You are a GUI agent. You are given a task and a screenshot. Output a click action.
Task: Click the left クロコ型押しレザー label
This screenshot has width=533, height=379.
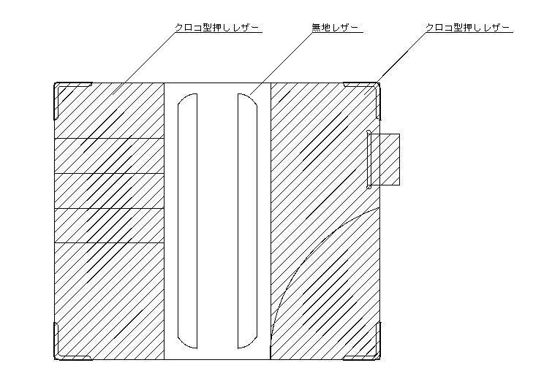[x=217, y=28]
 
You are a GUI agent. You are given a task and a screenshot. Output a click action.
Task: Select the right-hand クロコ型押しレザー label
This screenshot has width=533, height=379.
[x=469, y=28]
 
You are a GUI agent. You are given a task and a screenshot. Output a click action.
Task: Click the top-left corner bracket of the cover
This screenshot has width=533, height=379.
[x=61, y=91]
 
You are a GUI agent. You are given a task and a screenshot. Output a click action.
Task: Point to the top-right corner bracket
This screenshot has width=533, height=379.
[x=373, y=91]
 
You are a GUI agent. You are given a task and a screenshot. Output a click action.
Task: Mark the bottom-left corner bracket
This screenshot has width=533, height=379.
[x=61, y=351]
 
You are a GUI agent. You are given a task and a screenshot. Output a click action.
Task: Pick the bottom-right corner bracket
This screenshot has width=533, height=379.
[x=373, y=351]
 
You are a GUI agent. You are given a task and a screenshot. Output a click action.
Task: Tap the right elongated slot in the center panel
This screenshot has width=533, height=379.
[x=246, y=219]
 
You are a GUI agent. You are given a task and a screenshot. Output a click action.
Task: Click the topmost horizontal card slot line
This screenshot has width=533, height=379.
[x=110, y=138]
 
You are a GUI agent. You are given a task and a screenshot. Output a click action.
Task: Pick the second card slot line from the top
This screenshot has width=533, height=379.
[x=110, y=173]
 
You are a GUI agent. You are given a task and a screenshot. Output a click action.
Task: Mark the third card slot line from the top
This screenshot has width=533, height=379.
[x=110, y=208]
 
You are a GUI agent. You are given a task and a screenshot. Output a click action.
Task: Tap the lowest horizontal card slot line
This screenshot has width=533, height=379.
[x=110, y=242]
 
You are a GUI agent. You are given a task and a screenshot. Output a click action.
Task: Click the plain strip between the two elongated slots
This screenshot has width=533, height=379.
[x=217, y=219]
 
